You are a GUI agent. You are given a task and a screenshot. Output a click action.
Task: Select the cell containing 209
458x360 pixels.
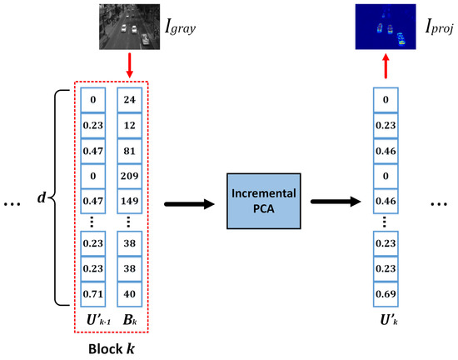point(128,177)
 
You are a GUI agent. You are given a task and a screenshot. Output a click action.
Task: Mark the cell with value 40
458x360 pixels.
point(128,293)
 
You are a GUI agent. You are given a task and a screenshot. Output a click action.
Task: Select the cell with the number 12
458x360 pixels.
point(128,125)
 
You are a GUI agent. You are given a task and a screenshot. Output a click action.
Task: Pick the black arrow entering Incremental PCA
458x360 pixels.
point(193,201)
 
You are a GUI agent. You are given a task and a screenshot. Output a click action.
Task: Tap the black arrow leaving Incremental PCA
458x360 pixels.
point(330,201)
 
